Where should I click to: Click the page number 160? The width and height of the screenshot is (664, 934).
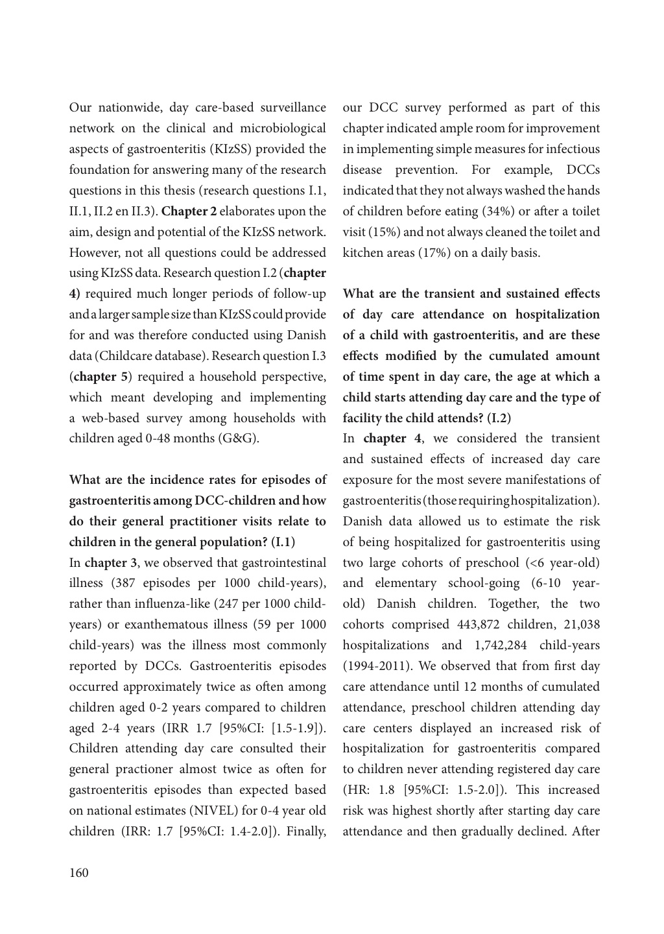(78, 872)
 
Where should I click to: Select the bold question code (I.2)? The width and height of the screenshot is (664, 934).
(499, 418)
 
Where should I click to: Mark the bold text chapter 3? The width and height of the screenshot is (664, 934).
(108, 563)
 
